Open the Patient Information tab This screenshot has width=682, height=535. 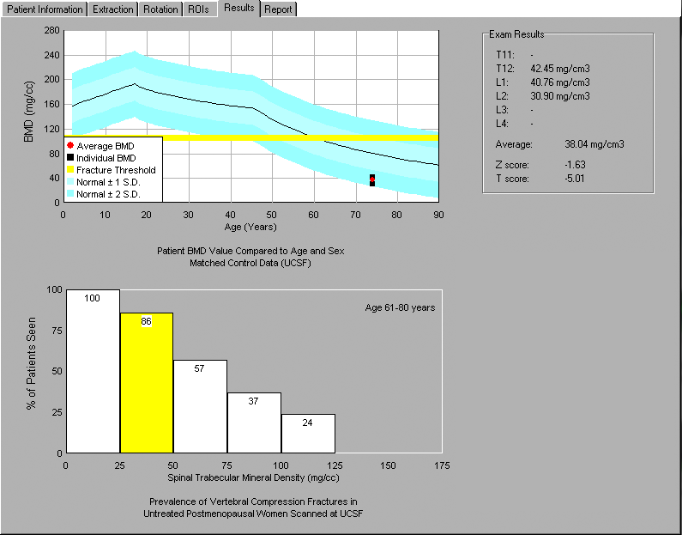click(45, 9)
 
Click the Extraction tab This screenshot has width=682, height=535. click(113, 9)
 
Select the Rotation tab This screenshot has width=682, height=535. click(160, 9)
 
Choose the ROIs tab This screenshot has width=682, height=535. click(199, 9)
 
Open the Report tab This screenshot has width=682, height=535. click(278, 9)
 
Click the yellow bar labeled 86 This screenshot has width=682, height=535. click(147, 383)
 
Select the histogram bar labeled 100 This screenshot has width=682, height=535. click(93, 371)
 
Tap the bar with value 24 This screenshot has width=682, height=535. click(308, 434)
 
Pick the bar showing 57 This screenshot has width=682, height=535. click(200, 406)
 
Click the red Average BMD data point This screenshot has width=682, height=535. click(372, 179)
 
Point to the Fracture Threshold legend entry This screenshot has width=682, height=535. click(111, 170)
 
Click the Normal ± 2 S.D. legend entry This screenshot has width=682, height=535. click(104, 194)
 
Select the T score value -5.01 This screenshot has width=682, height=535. click(575, 179)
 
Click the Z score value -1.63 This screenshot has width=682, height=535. click(575, 165)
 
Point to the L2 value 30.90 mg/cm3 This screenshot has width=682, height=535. click(560, 96)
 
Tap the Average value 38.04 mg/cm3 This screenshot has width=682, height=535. click(594, 144)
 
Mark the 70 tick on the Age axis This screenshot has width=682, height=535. click(356, 215)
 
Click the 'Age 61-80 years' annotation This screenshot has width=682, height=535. click(400, 307)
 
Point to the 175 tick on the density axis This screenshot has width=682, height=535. click(442, 465)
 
